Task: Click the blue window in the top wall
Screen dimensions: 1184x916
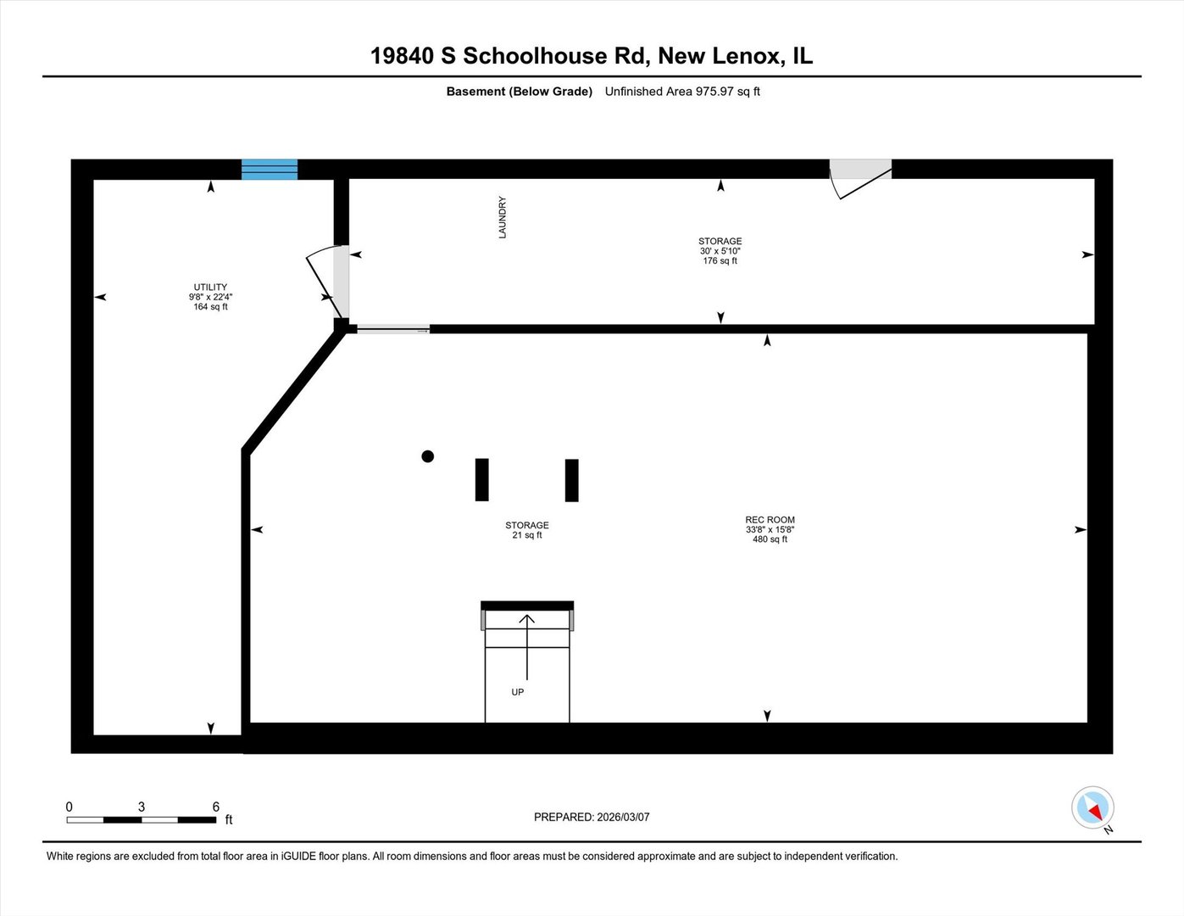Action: pos(270,169)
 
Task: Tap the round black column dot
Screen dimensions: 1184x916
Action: pos(428,456)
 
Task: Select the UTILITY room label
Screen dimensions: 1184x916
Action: pos(210,287)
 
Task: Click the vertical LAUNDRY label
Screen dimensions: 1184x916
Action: pos(503,217)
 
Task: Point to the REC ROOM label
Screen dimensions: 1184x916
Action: pos(770,520)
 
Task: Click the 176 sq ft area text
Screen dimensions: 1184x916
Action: pos(720,260)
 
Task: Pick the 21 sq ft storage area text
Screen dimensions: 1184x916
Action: pos(527,535)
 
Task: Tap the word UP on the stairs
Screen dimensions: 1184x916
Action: pos(518,692)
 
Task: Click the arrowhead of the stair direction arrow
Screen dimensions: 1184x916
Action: pos(527,619)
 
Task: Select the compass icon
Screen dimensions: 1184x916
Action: pos(1092,807)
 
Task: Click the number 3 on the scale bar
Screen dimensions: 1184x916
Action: pos(142,807)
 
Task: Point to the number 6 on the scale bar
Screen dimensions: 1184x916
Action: pos(216,807)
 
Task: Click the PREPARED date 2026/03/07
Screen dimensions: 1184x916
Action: pos(623,817)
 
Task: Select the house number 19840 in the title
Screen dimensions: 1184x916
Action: pos(402,56)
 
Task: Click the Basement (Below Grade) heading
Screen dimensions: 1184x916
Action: pos(520,92)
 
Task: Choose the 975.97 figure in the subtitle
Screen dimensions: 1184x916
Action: pos(714,91)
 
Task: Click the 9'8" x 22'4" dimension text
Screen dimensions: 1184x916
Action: pos(210,297)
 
